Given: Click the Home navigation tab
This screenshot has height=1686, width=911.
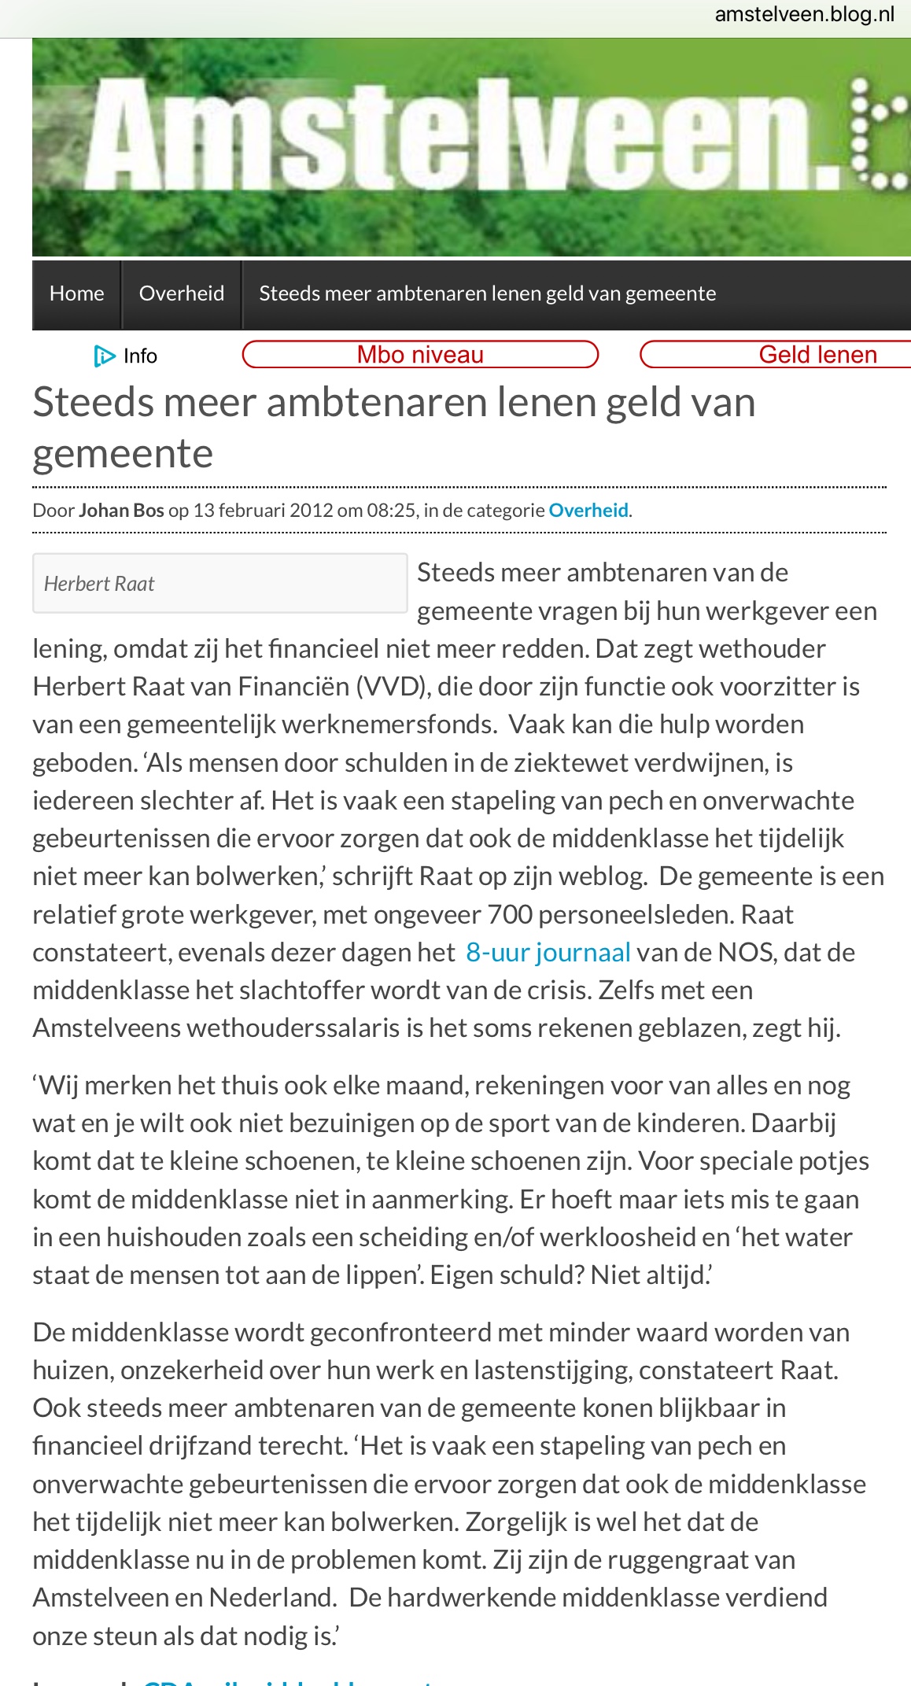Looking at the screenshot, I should [76, 293].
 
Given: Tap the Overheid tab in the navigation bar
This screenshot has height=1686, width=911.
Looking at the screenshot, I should [181, 293].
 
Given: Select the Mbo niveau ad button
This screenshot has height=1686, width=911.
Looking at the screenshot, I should [420, 355].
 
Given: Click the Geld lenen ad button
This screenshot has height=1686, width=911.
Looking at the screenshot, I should [817, 355].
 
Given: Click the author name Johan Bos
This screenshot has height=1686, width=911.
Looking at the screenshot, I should [121, 511].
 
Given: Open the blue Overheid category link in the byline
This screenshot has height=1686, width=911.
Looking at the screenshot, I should [588, 511].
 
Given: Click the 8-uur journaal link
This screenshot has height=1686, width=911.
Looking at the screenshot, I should [548, 953].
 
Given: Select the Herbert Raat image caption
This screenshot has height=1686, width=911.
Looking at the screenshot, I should [99, 584].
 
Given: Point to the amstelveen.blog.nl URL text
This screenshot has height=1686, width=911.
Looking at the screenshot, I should [804, 14].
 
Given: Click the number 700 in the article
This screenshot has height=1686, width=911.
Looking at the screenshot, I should [510, 915].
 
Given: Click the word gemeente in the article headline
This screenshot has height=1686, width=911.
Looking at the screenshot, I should [123, 455].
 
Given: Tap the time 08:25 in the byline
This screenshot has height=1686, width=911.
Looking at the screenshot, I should [391, 511].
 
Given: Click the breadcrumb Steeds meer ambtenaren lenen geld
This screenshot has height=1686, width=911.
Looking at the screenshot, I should [487, 293].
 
